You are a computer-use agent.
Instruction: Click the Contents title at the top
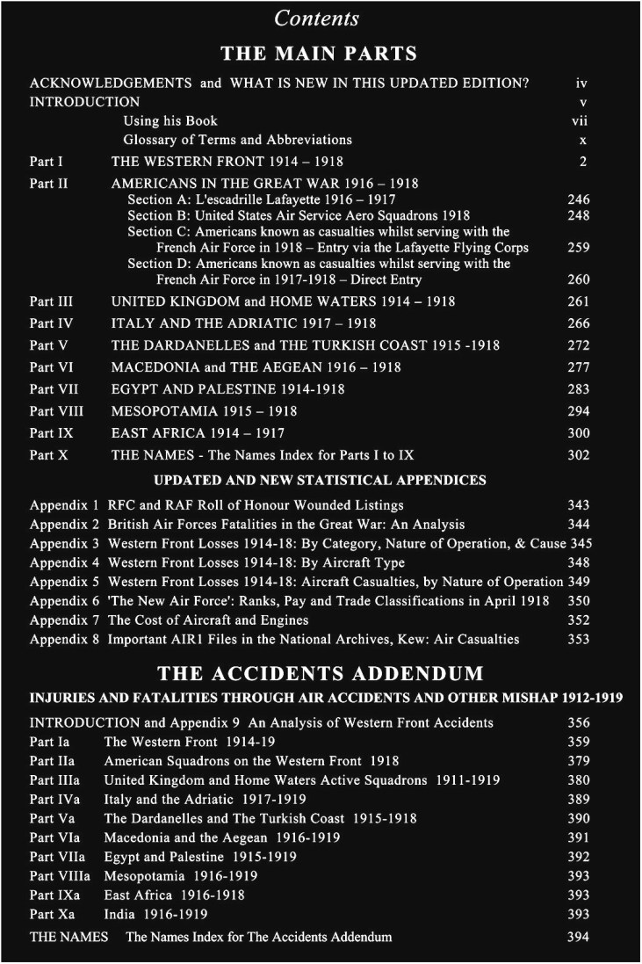[317, 18]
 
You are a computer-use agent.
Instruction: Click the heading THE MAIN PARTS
[319, 54]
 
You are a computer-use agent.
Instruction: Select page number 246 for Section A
[578, 199]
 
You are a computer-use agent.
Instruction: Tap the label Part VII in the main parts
[52, 388]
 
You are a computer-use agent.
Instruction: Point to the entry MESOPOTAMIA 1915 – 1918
[204, 410]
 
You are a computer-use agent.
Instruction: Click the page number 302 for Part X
[578, 455]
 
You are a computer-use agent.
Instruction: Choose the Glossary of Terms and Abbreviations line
[237, 140]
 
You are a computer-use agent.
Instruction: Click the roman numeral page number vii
[580, 120]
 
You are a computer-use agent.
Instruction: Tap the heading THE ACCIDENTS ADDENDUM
[320, 675]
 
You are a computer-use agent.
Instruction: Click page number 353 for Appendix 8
[578, 639]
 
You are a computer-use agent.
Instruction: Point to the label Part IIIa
[54, 779]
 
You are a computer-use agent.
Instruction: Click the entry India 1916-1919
[155, 914]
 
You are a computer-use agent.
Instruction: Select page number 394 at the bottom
[578, 937]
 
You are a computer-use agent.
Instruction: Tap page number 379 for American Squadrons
[578, 760]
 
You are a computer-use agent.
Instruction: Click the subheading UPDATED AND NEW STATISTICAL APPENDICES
[320, 481]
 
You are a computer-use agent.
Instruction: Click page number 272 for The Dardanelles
[578, 345]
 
